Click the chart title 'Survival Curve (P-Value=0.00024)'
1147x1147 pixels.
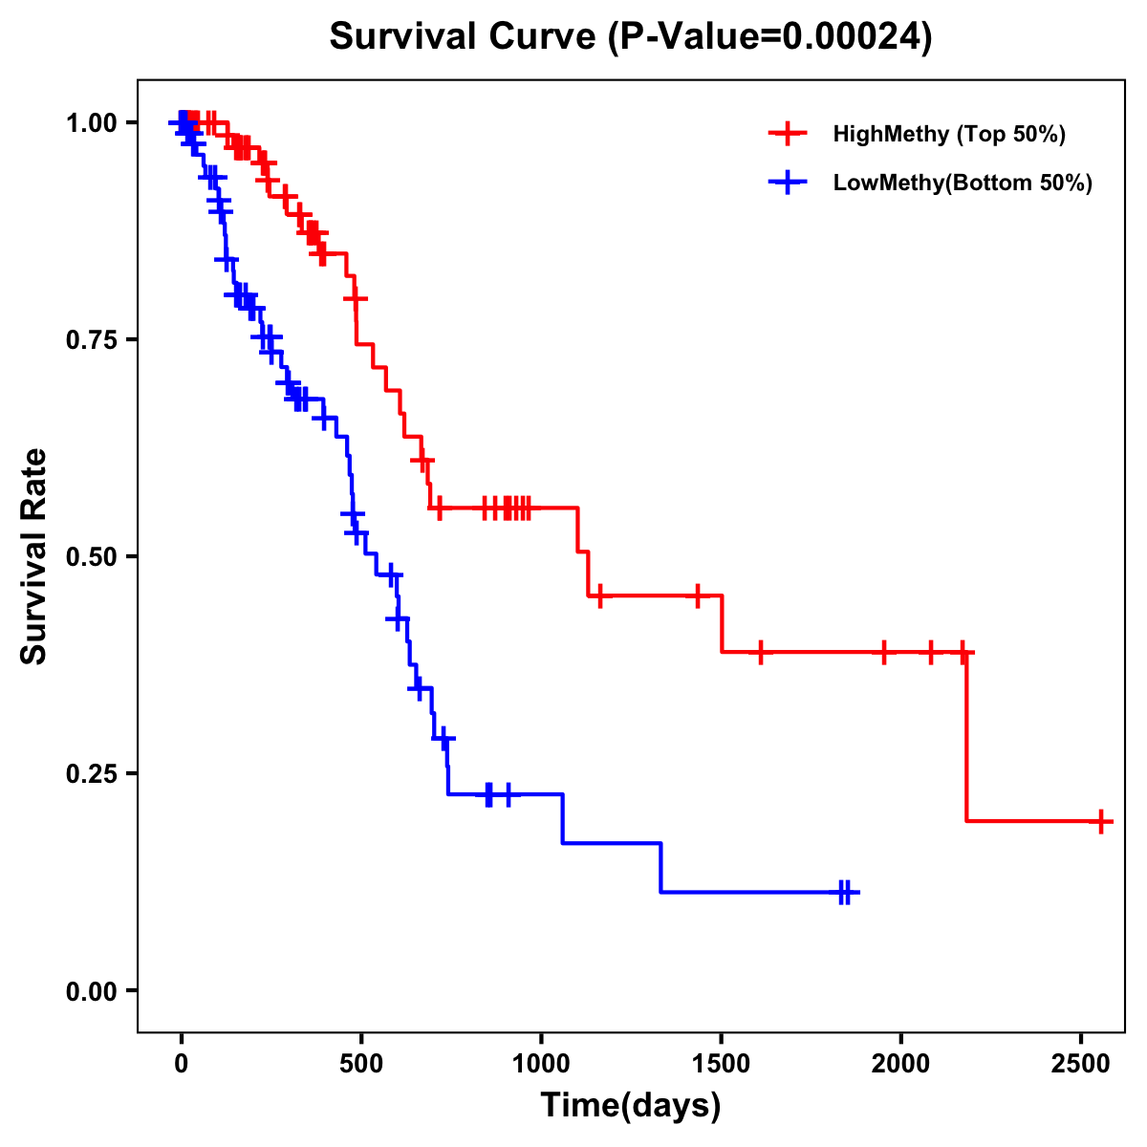tap(630, 37)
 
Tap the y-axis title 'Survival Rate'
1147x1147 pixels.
tap(34, 555)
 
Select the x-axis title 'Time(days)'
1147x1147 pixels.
tap(631, 1106)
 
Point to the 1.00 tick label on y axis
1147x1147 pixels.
tap(90, 123)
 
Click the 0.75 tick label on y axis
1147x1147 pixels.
tap(90, 340)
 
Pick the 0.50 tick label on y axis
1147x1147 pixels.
tap(90, 557)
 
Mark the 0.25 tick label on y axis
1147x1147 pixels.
tap(90, 774)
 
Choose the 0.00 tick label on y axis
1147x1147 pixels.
tap(90, 991)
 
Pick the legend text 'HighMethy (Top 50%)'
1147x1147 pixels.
tap(949, 134)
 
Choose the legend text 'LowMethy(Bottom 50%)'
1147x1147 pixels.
tap(963, 184)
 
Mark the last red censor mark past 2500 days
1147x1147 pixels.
tap(1101, 821)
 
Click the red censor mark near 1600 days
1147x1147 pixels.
tap(761, 653)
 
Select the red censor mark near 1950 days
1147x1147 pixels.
tap(883, 653)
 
